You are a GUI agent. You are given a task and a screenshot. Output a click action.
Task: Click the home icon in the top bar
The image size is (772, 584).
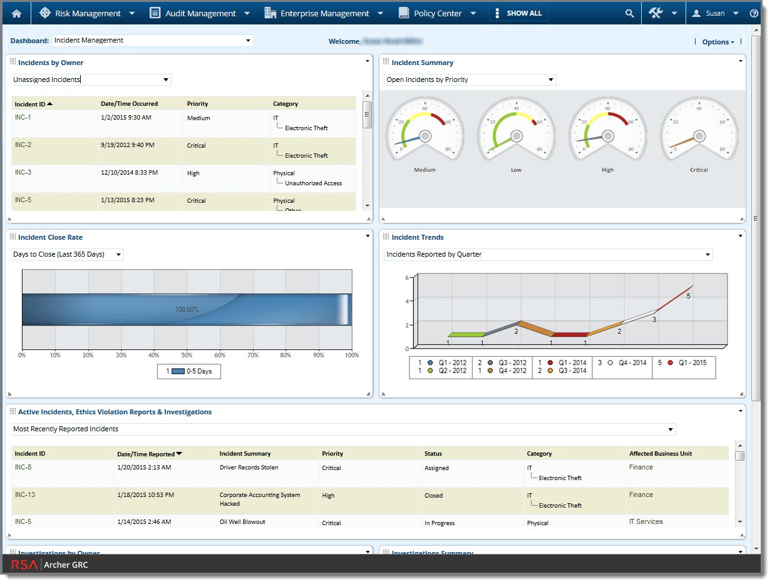point(16,13)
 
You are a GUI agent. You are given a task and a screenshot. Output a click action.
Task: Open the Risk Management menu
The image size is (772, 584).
point(87,13)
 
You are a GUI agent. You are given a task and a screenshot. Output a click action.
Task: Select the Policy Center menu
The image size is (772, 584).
point(437,13)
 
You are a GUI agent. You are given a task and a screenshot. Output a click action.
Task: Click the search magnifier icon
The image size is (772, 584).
point(629,13)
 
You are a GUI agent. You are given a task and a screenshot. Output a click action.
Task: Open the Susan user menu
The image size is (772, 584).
point(715,13)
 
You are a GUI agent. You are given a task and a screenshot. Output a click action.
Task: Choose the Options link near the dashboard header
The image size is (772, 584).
point(718,42)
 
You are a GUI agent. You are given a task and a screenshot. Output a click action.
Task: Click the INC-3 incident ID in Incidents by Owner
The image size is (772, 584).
point(23,173)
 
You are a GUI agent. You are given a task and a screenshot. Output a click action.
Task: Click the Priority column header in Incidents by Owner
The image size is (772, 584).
point(197,104)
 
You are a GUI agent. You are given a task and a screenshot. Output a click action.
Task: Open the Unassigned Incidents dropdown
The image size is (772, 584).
point(91,79)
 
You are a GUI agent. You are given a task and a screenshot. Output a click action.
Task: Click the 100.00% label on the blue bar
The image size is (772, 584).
point(187,309)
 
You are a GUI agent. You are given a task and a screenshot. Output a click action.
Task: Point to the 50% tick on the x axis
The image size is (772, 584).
point(187,356)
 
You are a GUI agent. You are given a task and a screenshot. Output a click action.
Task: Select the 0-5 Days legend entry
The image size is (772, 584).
point(189,371)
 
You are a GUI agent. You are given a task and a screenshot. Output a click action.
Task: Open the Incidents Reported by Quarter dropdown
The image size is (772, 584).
point(548,254)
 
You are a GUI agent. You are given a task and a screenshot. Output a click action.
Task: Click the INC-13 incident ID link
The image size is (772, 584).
point(25,495)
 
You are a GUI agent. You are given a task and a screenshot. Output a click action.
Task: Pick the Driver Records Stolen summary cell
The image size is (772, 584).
point(249,468)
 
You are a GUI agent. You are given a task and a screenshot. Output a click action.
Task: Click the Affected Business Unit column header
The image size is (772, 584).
point(661,454)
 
